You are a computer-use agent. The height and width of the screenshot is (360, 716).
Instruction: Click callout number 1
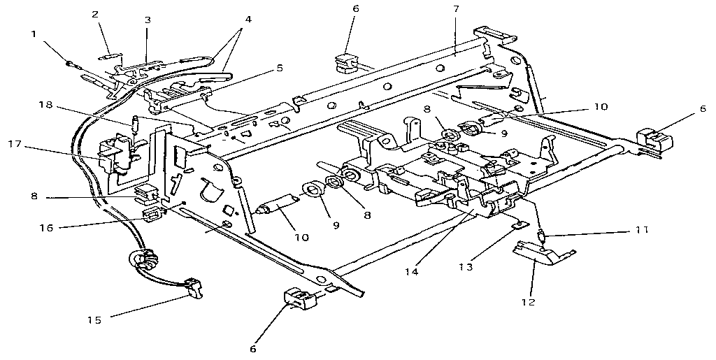coord(34,34)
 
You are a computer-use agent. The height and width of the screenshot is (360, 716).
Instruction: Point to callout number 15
coord(94,320)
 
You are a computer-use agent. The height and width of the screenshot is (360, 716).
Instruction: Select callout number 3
coord(148,20)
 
